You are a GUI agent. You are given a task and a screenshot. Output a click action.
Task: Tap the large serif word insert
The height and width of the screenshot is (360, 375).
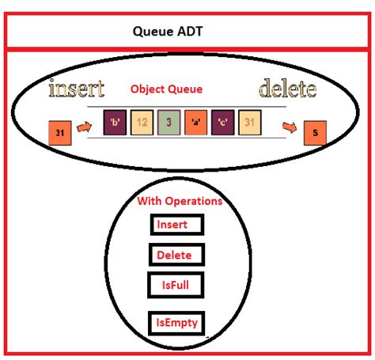pos(76,88)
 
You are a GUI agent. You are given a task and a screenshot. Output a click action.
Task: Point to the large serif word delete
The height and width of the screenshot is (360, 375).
pos(287,88)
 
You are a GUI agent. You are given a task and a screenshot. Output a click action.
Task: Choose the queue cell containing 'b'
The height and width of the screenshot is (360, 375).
pos(115,123)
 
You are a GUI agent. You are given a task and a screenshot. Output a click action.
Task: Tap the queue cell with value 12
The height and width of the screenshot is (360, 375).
pos(142,123)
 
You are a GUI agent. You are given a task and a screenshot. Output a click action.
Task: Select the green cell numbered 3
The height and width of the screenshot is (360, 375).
pos(169,123)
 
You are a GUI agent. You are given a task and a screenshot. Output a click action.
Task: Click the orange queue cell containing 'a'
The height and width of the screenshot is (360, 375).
pos(195,123)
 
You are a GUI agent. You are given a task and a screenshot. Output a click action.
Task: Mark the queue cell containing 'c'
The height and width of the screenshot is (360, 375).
pos(222,123)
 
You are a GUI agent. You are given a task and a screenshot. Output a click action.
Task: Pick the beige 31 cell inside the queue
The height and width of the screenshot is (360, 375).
pos(250,123)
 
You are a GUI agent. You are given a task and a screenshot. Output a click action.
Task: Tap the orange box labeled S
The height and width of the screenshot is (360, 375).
pos(316,133)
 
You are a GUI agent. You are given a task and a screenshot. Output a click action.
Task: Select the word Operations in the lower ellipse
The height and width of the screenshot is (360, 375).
pos(194,201)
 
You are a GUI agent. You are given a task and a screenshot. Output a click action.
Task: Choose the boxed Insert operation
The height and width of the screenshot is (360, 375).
pos(176,225)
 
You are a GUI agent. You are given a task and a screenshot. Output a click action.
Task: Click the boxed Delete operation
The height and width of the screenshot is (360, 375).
pos(176,255)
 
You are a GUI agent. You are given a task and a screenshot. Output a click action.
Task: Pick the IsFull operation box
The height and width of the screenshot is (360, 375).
pos(175,284)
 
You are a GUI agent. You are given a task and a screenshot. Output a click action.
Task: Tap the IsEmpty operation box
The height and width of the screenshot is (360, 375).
pos(177,323)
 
